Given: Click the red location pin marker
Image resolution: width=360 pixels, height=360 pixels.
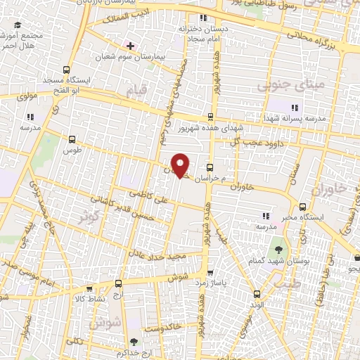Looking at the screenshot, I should (181, 165).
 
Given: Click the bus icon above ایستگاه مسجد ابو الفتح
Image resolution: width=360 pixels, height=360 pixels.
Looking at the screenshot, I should (66, 70).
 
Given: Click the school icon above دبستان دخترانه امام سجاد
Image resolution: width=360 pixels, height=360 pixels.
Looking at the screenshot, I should (202, 18).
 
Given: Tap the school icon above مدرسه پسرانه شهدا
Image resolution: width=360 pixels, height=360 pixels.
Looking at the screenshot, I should (293, 108).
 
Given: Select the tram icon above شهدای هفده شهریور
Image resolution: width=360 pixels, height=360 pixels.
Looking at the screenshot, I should (211, 117).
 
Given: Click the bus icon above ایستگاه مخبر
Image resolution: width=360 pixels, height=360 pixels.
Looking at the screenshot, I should (302, 207).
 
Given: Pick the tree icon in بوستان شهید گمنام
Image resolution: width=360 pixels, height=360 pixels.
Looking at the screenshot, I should (280, 249).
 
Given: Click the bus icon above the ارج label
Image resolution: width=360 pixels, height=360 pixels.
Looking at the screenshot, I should (118, 284).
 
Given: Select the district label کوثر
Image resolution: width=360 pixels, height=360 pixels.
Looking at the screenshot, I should (89, 215).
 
